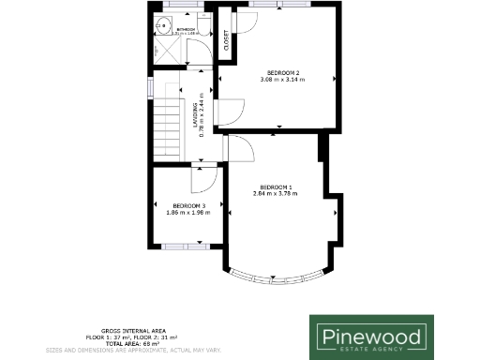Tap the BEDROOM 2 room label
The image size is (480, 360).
tap(283, 73)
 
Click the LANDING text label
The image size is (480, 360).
tap(197, 111)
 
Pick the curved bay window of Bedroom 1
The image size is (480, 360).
tap(277, 278)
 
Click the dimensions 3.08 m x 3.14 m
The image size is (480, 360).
tap(283, 80)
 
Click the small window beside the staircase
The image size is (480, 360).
tap(150, 87)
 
